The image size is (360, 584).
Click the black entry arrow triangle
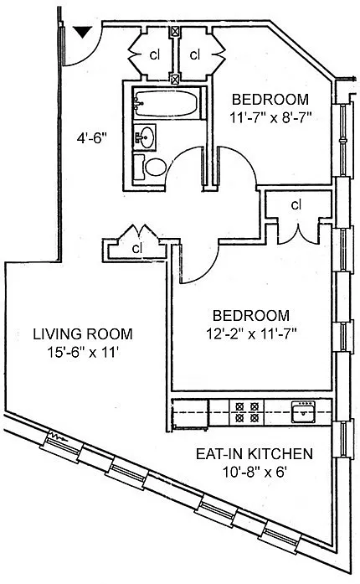(83, 32)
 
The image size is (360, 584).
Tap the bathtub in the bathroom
(167, 103)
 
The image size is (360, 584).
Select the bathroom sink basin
(145, 137)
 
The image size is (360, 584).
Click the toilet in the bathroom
(151, 167)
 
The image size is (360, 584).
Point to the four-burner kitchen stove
(246, 412)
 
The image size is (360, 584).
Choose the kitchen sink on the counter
(303, 411)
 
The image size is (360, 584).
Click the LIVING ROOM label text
(83, 333)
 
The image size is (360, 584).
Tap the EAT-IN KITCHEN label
(255, 454)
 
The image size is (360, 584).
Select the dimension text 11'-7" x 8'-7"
(270, 118)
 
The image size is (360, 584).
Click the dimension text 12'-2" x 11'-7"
(251, 334)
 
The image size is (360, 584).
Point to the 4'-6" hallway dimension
(92, 138)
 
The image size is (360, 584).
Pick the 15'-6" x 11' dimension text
(83, 352)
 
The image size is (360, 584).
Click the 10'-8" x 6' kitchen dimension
(255, 473)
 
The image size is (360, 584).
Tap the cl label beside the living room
(137, 248)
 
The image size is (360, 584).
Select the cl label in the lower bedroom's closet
(296, 204)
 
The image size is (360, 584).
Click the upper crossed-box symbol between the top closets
(175, 31)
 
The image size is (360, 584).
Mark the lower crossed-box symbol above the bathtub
(175, 79)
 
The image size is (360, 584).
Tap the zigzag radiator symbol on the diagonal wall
(58, 437)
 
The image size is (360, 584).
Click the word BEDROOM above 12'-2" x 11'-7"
(251, 316)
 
